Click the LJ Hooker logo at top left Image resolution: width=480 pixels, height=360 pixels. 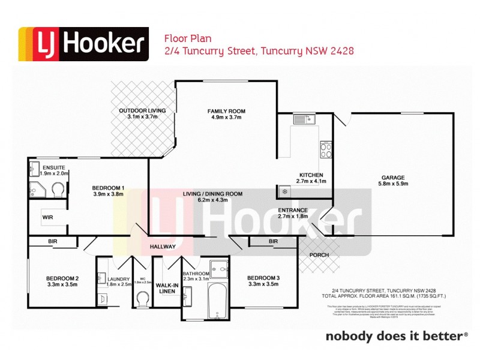click(x=83, y=44)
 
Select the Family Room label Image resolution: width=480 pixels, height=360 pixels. click(x=226, y=111)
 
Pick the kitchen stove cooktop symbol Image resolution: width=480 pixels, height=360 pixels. click(x=326, y=149)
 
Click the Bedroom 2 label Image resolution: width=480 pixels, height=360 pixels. click(x=62, y=278)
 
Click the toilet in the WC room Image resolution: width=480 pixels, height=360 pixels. click(x=143, y=298)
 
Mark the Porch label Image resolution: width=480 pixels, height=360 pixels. click(x=318, y=255)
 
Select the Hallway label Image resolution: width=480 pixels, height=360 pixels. click(x=163, y=247)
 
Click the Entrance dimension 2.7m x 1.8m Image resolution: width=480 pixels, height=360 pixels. click(x=293, y=217)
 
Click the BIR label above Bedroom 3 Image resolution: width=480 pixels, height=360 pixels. click(x=274, y=241)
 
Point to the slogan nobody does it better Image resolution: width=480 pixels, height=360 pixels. click(x=394, y=336)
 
